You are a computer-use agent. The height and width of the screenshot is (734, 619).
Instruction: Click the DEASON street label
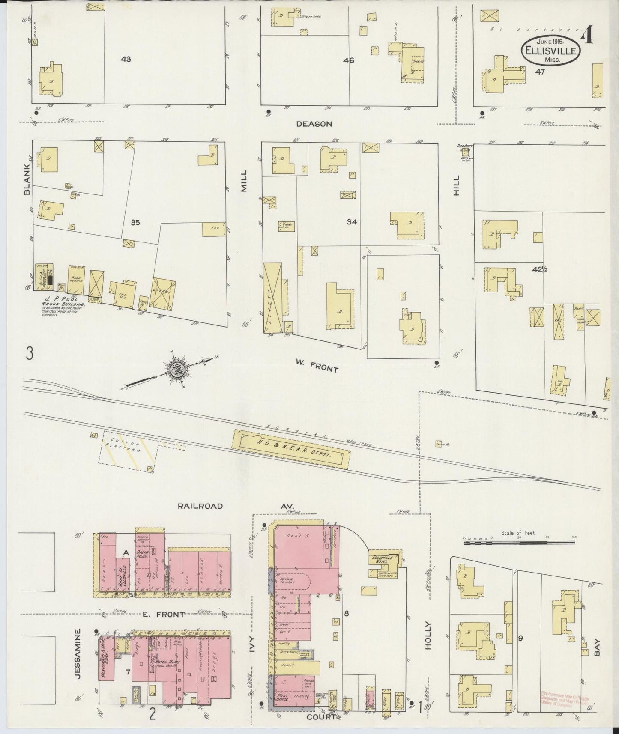click(314, 124)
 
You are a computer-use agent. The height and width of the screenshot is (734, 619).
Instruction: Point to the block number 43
click(126, 59)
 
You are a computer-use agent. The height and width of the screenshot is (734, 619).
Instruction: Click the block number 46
click(348, 60)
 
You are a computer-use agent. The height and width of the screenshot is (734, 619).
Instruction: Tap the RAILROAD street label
click(200, 506)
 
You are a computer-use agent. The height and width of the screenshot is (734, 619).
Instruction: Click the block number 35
click(135, 222)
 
